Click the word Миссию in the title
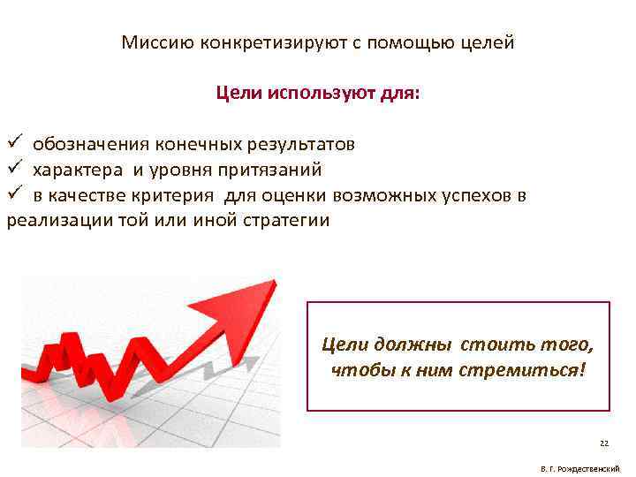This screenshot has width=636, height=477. click(x=150, y=42)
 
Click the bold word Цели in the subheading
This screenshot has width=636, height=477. click(x=235, y=93)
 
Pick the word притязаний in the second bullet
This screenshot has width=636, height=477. click(x=274, y=170)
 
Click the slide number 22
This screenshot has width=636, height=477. click(x=604, y=443)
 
